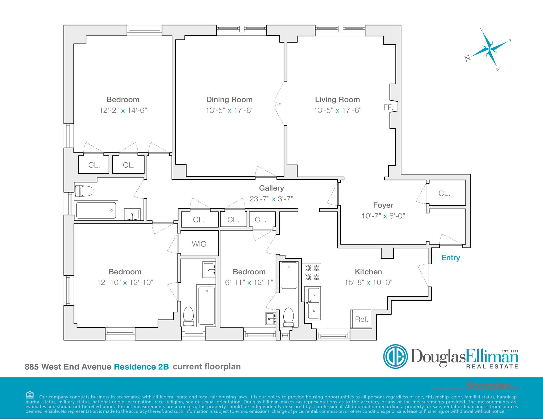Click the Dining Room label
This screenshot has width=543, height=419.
(229, 99)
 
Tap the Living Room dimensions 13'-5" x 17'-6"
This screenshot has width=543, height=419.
(337, 110)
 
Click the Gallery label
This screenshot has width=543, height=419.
(271, 188)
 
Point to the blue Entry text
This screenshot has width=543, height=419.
(451, 257)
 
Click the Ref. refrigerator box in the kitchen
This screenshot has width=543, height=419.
(361, 319)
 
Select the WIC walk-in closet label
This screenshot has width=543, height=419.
(199, 244)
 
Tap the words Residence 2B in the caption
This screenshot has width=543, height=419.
(141, 367)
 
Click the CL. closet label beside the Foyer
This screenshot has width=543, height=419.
(444, 193)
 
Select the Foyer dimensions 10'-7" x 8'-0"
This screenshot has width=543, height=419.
(383, 216)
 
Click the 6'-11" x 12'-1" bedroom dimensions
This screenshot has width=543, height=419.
(249, 283)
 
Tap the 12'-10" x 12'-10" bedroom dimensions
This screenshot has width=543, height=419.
(125, 283)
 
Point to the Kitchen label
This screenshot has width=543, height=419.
(368, 272)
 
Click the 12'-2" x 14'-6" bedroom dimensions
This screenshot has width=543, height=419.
(123, 110)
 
